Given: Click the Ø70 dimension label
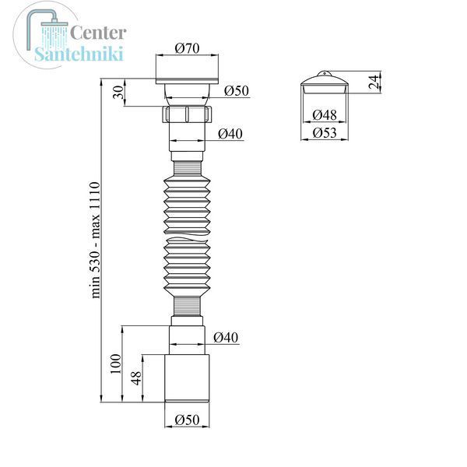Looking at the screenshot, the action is coord(187,48).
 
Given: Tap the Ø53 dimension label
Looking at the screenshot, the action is coord(325,132).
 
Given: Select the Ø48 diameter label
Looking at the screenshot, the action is coord(325,114).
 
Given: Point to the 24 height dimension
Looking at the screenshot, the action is coord(374,83).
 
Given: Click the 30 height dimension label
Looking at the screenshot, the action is coord(119,92).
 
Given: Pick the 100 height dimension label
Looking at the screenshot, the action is coord(115,363).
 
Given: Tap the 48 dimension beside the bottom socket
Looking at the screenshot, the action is coord(136,378).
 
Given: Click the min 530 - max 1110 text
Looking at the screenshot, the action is coord(96,240).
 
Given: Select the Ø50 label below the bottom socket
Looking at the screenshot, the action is coord(187,420).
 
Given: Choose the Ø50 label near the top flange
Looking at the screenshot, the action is coord(237,90).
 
